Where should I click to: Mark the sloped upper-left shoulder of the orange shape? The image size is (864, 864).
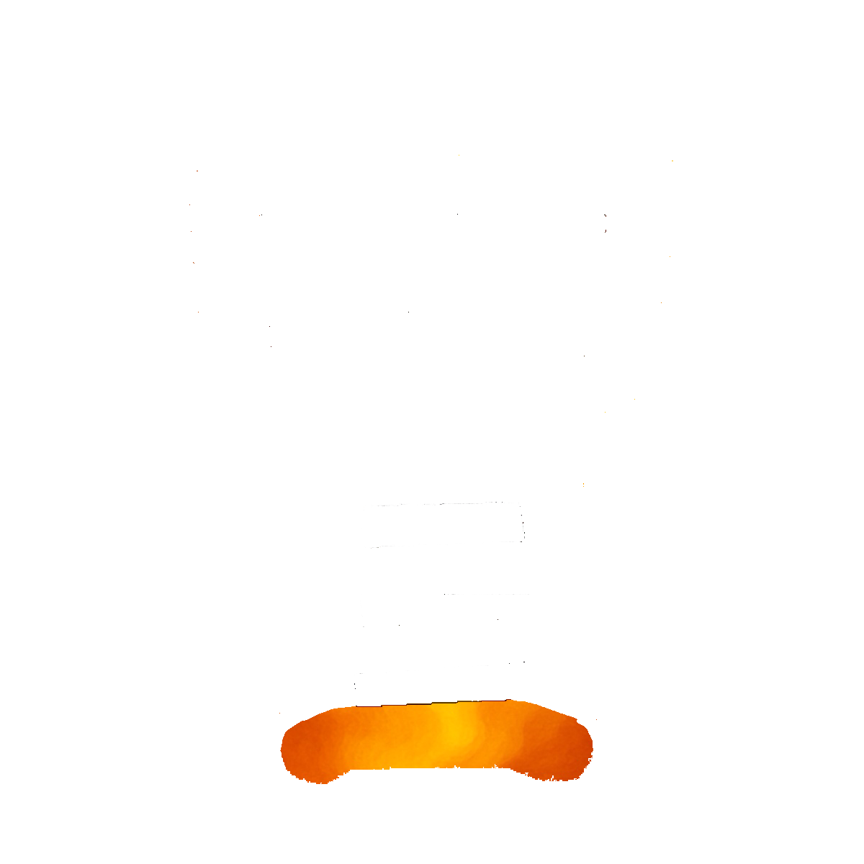coord(317,716)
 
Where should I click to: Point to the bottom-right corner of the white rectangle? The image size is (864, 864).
coord(523,540)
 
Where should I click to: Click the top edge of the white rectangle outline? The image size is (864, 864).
coord(441,505)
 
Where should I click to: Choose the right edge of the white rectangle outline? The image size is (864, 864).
coord(521,522)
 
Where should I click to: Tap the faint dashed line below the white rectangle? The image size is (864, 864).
coord(486,595)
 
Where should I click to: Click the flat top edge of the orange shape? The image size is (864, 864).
coord(432,706)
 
